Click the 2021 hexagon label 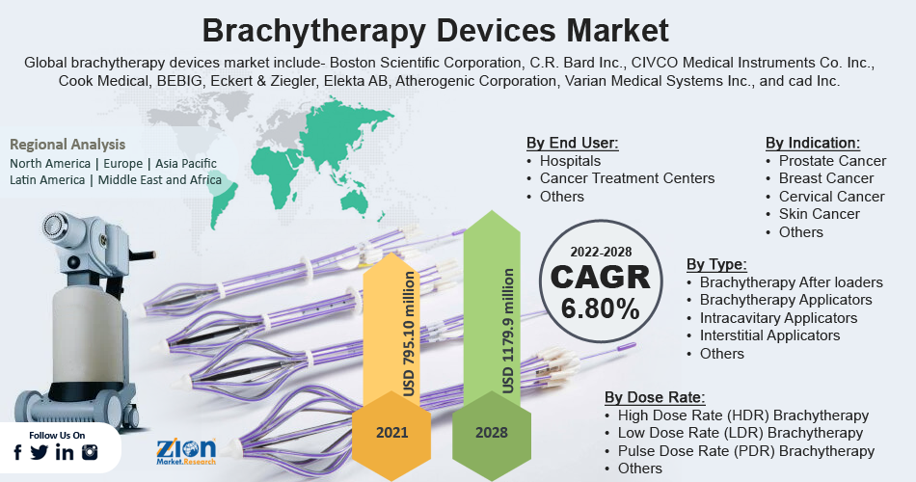point(392,432)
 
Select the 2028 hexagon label point(492,432)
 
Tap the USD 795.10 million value point(409,334)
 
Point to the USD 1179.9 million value point(508,331)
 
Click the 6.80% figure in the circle point(600,308)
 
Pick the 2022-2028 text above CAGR point(601,252)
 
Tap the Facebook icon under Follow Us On point(17,452)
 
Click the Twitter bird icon point(40,452)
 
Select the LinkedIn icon point(65,452)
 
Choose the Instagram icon point(90,452)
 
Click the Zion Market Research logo point(186,451)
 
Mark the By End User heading point(572,143)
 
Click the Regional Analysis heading point(67,145)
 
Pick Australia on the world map point(355,201)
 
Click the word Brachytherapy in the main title point(313,31)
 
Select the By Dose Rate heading point(655,397)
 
